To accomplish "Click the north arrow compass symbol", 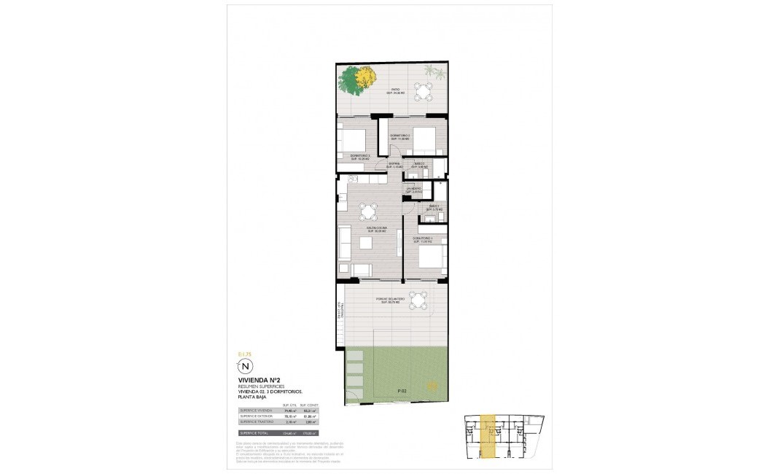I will [246, 366].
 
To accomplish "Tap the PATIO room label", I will [394, 91].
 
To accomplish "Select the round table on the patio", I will [423, 91].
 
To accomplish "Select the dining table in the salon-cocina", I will [368, 213].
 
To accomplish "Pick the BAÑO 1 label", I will [435, 208].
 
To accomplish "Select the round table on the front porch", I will [418, 300].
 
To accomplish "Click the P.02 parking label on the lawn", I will [402, 392].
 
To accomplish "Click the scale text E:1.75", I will [244, 354].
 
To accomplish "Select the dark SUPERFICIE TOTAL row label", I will [255, 432].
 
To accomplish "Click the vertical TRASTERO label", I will [338, 311].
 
